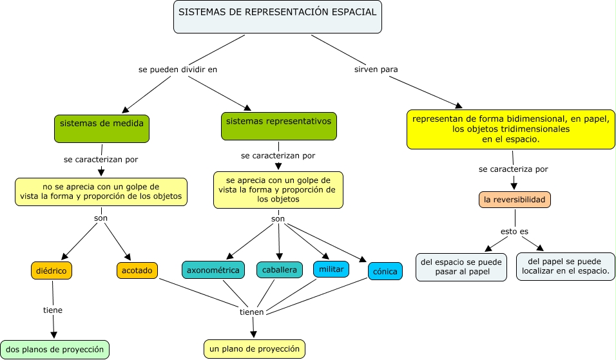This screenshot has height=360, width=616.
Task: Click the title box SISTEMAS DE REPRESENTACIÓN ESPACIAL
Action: (x=277, y=17)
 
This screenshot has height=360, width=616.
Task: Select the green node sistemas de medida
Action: (x=102, y=129)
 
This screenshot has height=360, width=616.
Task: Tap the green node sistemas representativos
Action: (x=279, y=126)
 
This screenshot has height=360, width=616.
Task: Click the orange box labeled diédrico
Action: (x=52, y=270)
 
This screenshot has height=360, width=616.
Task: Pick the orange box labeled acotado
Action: (x=137, y=270)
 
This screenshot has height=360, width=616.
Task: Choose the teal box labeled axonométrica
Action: (x=213, y=270)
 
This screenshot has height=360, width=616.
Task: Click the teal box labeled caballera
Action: (x=280, y=270)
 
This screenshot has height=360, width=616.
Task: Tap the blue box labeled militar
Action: (x=331, y=269)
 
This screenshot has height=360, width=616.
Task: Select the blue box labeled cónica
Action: (x=385, y=271)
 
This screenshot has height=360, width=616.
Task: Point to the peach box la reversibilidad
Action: (x=515, y=200)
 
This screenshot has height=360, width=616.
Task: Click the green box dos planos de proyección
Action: (x=55, y=350)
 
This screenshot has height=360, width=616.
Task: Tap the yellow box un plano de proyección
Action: (x=255, y=349)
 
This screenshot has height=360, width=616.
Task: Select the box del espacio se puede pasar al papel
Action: (x=461, y=267)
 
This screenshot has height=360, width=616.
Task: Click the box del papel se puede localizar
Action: (x=566, y=267)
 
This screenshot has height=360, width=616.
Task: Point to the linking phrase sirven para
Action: (x=376, y=70)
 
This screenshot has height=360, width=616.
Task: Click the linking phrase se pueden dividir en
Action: (x=178, y=70)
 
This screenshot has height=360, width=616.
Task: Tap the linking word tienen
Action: (x=251, y=312)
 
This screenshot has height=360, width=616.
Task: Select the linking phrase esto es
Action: (x=514, y=232)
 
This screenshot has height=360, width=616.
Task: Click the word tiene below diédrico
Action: (x=53, y=310)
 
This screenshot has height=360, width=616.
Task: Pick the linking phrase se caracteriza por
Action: (x=513, y=169)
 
